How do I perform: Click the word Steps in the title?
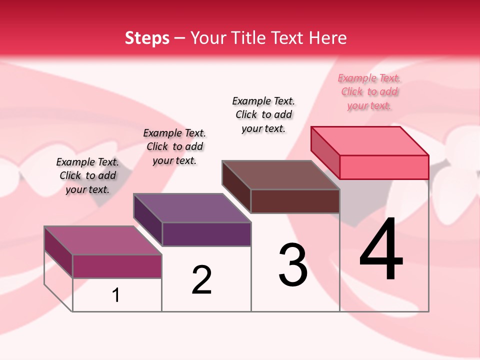coord(147,38)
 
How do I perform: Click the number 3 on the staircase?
coord(293,265)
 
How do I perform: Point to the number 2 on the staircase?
coord(201,280)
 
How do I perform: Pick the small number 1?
coord(116,295)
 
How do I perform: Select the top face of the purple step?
coord(192,207)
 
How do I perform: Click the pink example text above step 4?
coord(369,92)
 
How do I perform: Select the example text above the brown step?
coord(263,114)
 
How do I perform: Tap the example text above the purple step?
coord(174,146)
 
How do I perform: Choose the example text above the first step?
coord(87,175)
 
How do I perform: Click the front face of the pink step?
coord(384,167)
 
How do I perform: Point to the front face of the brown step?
coord(295,201)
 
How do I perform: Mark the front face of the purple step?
coord(206,234)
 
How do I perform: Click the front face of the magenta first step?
coord(117,266)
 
